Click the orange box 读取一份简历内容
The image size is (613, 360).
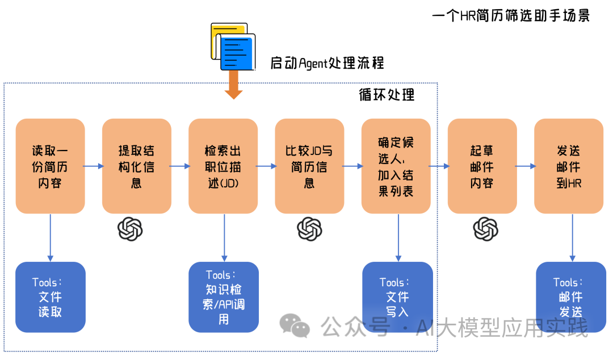(50, 166)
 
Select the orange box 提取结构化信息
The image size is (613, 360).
(136, 166)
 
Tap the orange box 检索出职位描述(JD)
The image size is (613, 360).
(223, 166)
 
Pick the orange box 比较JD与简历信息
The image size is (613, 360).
(309, 166)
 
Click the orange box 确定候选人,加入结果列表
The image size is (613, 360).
(396, 166)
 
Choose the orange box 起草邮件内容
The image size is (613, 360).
(482, 166)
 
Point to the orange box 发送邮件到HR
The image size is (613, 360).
(569, 166)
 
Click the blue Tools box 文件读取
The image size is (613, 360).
(50, 297)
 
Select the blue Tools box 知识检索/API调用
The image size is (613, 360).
(224, 297)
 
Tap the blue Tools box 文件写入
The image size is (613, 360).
(397, 297)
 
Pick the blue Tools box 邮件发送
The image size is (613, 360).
(571, 297)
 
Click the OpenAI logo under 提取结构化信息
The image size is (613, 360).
(130, 229)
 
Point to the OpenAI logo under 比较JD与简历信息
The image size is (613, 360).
(309, 229)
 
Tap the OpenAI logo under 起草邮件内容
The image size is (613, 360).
(486, 229)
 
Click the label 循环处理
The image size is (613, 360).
(387, 94)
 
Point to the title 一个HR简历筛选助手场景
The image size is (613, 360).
(511, 16)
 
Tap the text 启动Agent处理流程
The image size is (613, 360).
(327, 62)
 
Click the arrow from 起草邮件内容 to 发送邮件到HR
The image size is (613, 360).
(525, 166)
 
